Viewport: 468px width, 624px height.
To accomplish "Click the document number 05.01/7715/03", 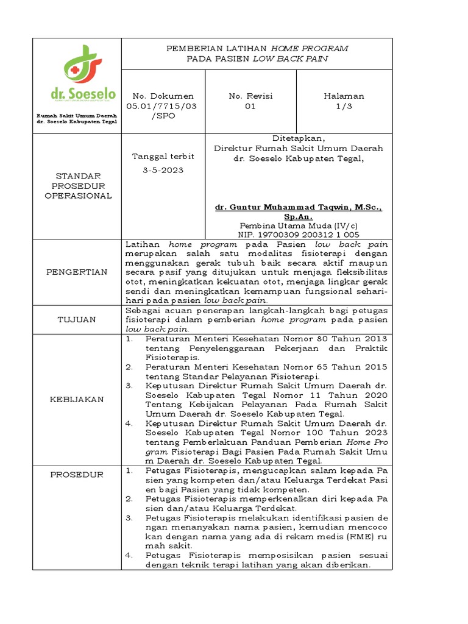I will point(159,106).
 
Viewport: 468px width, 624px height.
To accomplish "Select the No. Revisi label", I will point(250,96).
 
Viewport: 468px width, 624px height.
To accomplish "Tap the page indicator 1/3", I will point(344,106).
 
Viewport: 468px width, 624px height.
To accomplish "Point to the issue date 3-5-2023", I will point(163,170).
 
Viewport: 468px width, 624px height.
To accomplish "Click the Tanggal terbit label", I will point(163,156).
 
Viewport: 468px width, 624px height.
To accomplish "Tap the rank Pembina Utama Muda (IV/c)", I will point(299,225).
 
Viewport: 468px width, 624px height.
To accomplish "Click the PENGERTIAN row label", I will point(77,272).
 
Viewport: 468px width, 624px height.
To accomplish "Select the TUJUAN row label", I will point(77,319).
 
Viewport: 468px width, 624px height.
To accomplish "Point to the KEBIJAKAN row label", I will point(77,399).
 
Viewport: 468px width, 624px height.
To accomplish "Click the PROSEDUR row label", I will point(77,475).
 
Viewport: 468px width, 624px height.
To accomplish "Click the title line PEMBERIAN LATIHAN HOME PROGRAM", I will point(257,48).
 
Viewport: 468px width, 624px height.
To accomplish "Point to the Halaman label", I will point(344,96).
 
